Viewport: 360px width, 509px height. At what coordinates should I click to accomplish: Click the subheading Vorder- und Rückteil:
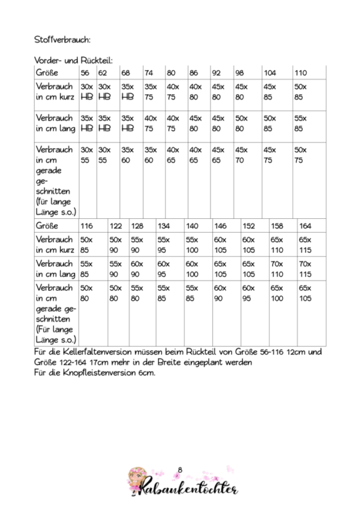[74, 60]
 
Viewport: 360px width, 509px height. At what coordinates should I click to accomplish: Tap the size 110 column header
[301, 73]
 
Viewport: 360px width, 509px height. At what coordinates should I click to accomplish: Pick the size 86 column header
[194, 73]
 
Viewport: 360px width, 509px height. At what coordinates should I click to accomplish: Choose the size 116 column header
[87, 226]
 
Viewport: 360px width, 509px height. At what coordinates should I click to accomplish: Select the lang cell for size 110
[301, 123]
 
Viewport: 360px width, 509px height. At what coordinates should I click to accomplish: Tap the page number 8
[181, 469]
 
